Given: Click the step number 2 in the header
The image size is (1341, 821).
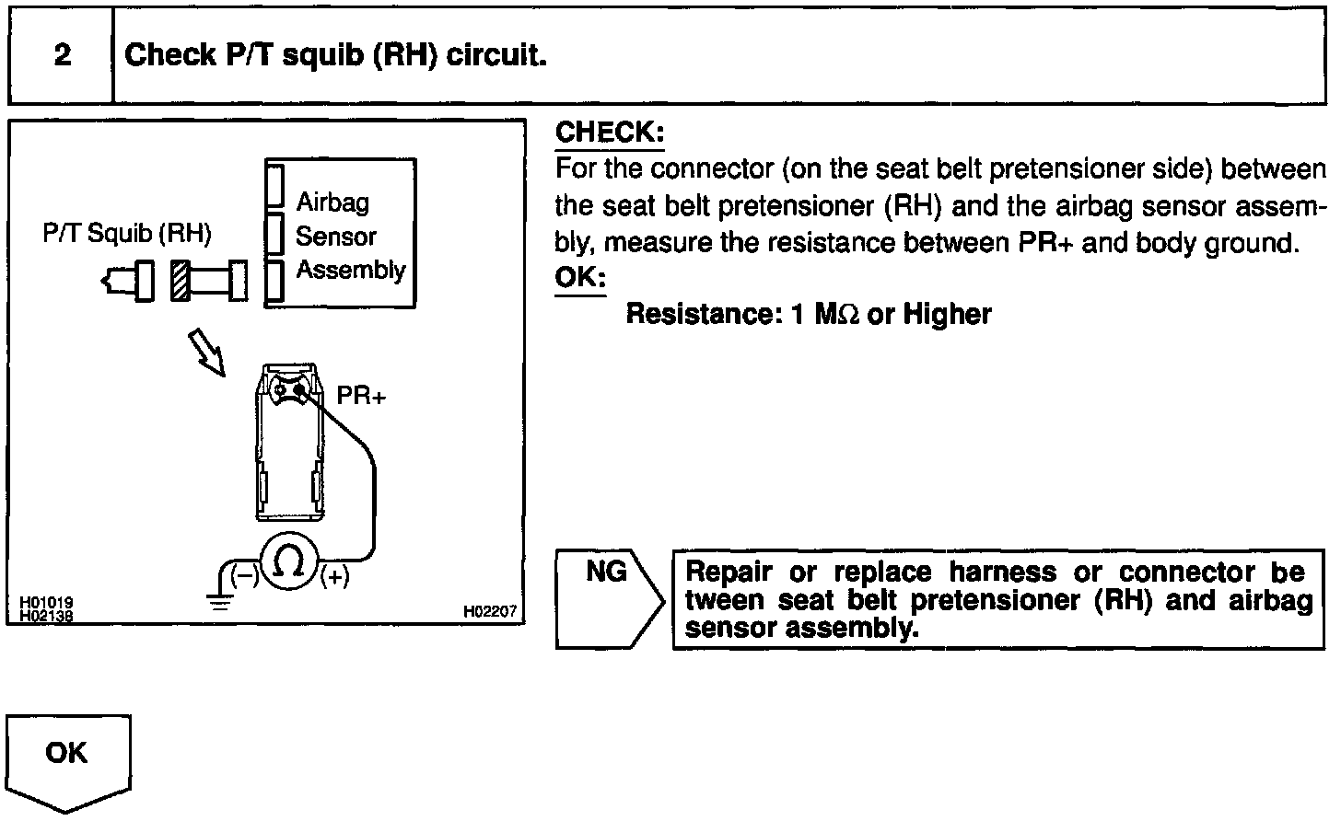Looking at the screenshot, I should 63,56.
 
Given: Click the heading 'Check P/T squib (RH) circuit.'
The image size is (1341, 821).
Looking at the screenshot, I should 336,56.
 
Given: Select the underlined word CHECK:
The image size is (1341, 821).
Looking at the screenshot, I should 610,133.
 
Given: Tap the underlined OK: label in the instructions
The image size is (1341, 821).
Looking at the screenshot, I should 580,278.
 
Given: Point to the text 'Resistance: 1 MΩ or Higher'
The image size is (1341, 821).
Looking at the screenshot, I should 808,315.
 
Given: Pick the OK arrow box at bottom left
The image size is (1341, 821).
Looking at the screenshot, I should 68,760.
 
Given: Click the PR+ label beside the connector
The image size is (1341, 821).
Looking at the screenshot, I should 361,396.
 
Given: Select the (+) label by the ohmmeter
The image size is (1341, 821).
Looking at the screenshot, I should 334,577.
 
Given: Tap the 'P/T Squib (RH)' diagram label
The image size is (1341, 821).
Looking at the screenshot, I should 127,234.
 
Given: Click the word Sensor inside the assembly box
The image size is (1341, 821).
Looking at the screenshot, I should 335,237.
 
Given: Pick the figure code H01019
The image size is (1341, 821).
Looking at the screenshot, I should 47,603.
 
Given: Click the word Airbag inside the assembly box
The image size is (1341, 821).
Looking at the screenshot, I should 332,202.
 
